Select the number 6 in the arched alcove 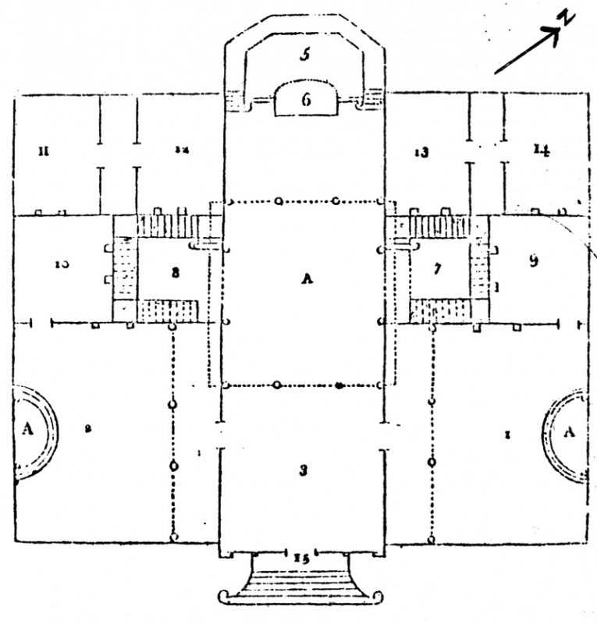(x=307, y=99)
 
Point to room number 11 (x=44, y=151)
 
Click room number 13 (x=421, y=152)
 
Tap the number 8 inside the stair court (x=176, y=272)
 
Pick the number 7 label (x=438, y=270)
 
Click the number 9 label (x=534, y=261)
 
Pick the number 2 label (x=88, y=428)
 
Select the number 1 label (x=507, y=434)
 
